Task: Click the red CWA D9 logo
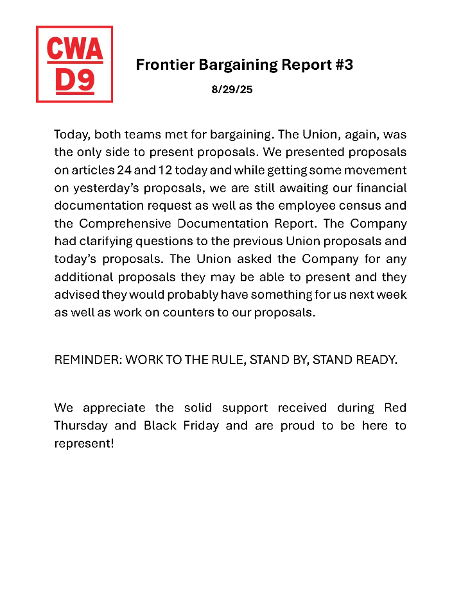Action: pyautogui.click(x=74, y=64)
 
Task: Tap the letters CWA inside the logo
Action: pyautogui.click(x=74, y=49)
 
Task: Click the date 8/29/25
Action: pyautogui.click(x=232, y=90)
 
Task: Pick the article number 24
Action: pyautogui.click(x=125, y=171)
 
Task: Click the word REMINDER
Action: pyautogui.click(x=87, y=360)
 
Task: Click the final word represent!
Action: pyautogui.click(x=84, y=444)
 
